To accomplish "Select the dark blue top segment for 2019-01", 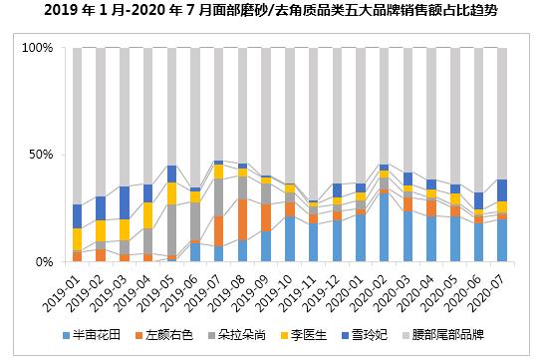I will [x=77, y=216].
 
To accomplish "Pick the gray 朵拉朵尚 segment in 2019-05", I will [x=171, y=230].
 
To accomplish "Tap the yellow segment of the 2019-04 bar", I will [x=147, y=215].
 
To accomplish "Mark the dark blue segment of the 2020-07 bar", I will [x=502, y=190].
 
